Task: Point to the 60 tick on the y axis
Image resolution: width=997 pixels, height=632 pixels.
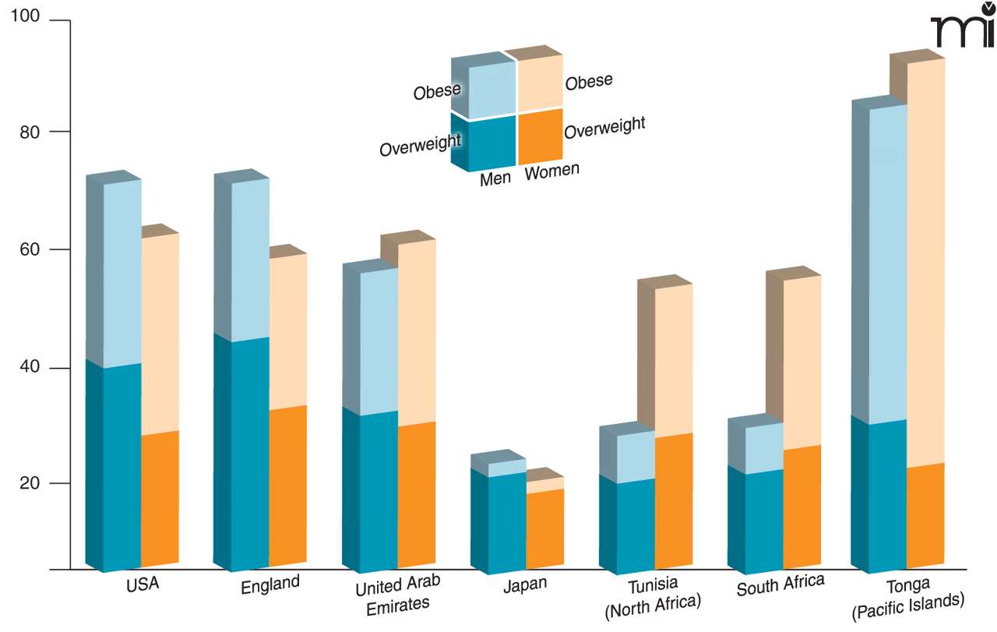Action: pos(32,250)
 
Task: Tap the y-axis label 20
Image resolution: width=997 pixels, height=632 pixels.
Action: pos(32,484)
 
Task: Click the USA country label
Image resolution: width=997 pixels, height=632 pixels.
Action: pos(143,583)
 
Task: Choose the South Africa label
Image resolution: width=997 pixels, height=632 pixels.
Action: pos(780,584)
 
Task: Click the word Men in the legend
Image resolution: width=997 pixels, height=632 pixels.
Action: pos(495,178)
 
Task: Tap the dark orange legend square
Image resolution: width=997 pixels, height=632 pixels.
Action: pos(540,136)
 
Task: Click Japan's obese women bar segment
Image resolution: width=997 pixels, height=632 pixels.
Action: pos(545,484)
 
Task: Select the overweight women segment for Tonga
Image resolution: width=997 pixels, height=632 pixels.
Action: pos(926,514)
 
